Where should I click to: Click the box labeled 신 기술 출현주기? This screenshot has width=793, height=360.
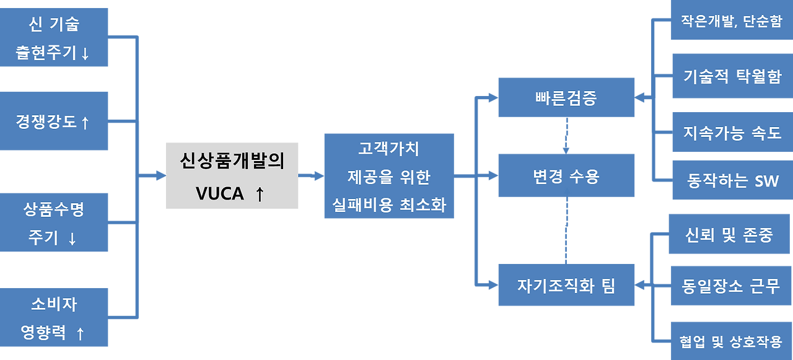(x=55, y=37)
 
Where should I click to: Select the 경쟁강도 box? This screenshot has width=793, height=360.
(x=55, y=121)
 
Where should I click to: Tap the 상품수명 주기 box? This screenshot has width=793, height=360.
(x=55, y=222)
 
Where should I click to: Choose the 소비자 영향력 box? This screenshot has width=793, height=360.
(x=55, y=317)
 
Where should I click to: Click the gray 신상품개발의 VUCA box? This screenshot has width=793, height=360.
(x=232, y=175)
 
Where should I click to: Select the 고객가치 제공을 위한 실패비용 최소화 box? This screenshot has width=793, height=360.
(x=388, y=176)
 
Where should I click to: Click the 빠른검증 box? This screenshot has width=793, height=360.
(x=566, y=97)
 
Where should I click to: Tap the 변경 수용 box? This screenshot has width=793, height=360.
(x=566, y=177)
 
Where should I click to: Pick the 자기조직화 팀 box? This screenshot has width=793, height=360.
(x=566, y=285)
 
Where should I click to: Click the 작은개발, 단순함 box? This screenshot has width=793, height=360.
(x=731, y=21)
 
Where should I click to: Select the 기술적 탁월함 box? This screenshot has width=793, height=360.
(x=731, y=76)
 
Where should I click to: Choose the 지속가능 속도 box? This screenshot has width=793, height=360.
(x=731, y=131)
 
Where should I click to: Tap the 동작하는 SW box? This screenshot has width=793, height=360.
(x=731, y=180)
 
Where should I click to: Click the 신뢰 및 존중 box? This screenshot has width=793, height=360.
(x=729, y=234)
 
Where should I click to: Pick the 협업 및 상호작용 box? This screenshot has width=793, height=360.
(x=731, y=340)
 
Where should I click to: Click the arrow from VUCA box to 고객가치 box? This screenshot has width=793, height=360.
(x=311, y=176)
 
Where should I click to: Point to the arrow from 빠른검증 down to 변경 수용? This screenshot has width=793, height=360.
(x=566, y=136)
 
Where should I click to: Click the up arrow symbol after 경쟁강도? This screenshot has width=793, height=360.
(x=85, y=123)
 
